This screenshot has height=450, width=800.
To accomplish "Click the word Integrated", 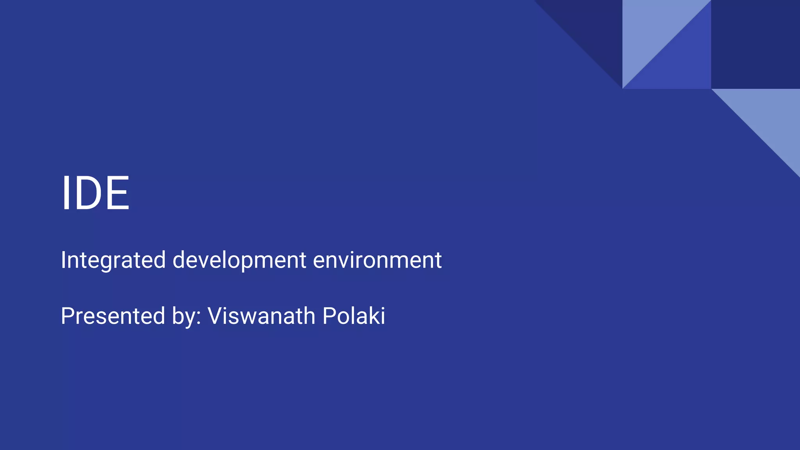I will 113,260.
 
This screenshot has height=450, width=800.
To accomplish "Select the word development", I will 239,260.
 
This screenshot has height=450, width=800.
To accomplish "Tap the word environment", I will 377,260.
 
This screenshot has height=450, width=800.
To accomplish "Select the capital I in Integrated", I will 63,260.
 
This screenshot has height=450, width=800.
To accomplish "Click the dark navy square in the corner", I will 755,44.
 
